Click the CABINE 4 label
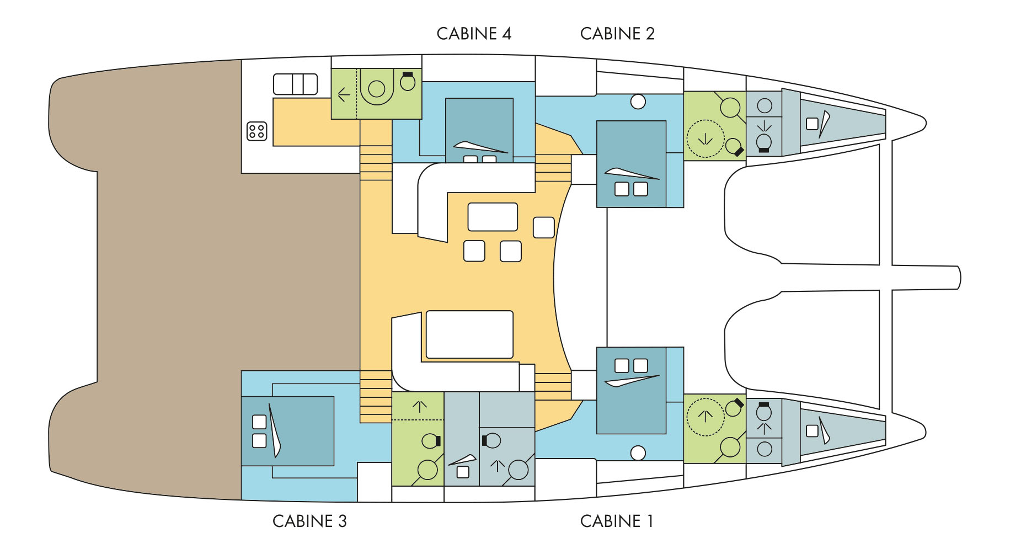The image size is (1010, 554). click(x=474, y=34)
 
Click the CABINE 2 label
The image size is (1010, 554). click(x=617, y=34)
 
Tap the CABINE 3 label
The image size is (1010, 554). click(x=309, y=521)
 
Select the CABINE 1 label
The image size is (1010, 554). click(x=617, y=521)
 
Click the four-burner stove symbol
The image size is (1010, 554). click(x=256, y=131)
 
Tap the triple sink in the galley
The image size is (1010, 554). click(x=296, y=84)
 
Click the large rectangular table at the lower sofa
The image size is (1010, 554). click(x=469, y=335)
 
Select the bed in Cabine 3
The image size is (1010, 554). click(x=287, y=431)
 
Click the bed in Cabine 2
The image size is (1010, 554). click(x=631, y=164)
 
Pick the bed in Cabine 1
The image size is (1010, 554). click(x=631, y=390)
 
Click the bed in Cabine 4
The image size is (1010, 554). click(x=479, y=130)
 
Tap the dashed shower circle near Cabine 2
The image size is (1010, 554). click(x=705, y=139)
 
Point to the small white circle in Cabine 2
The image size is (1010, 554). click(x=638, y=102)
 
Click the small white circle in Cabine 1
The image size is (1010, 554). click(x=638, y=453)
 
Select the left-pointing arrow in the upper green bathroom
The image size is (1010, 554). click(x=344, y=95)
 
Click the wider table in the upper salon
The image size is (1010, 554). click(x=493, y=217)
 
